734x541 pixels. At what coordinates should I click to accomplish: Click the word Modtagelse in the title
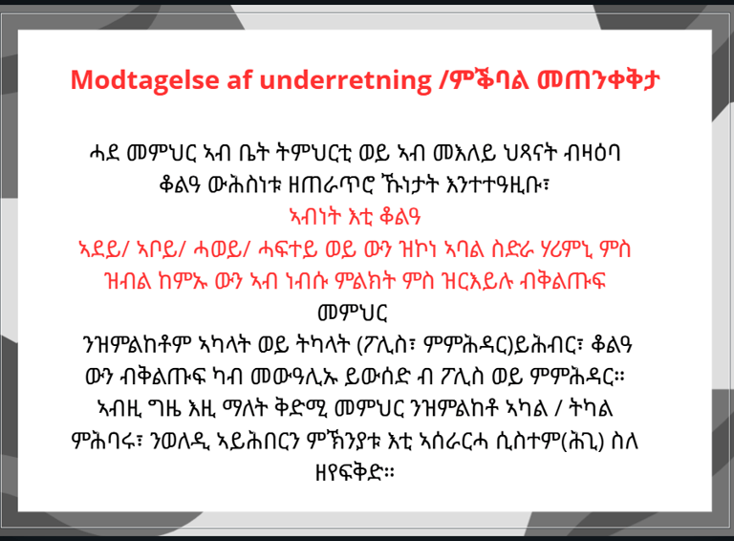pyautogui.click(x=144, y=80)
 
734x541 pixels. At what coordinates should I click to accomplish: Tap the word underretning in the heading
pyautogui.click(x=346, y=80)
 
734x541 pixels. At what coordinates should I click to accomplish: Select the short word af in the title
pyautogui.click(x=240, y=79)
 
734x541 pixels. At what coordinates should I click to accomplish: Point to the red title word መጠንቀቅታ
pyautogui.click(x=598, y=80)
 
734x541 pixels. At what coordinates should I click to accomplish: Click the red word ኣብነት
pyautogui.click(x=315, y=217)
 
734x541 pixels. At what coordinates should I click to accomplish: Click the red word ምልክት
pyautogui.click(x=366, y=281)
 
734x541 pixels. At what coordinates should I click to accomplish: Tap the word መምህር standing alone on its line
pyautogui.click(x=353, y=314)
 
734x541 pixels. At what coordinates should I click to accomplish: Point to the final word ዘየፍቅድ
pyautogui.click(x=355, y=473)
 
